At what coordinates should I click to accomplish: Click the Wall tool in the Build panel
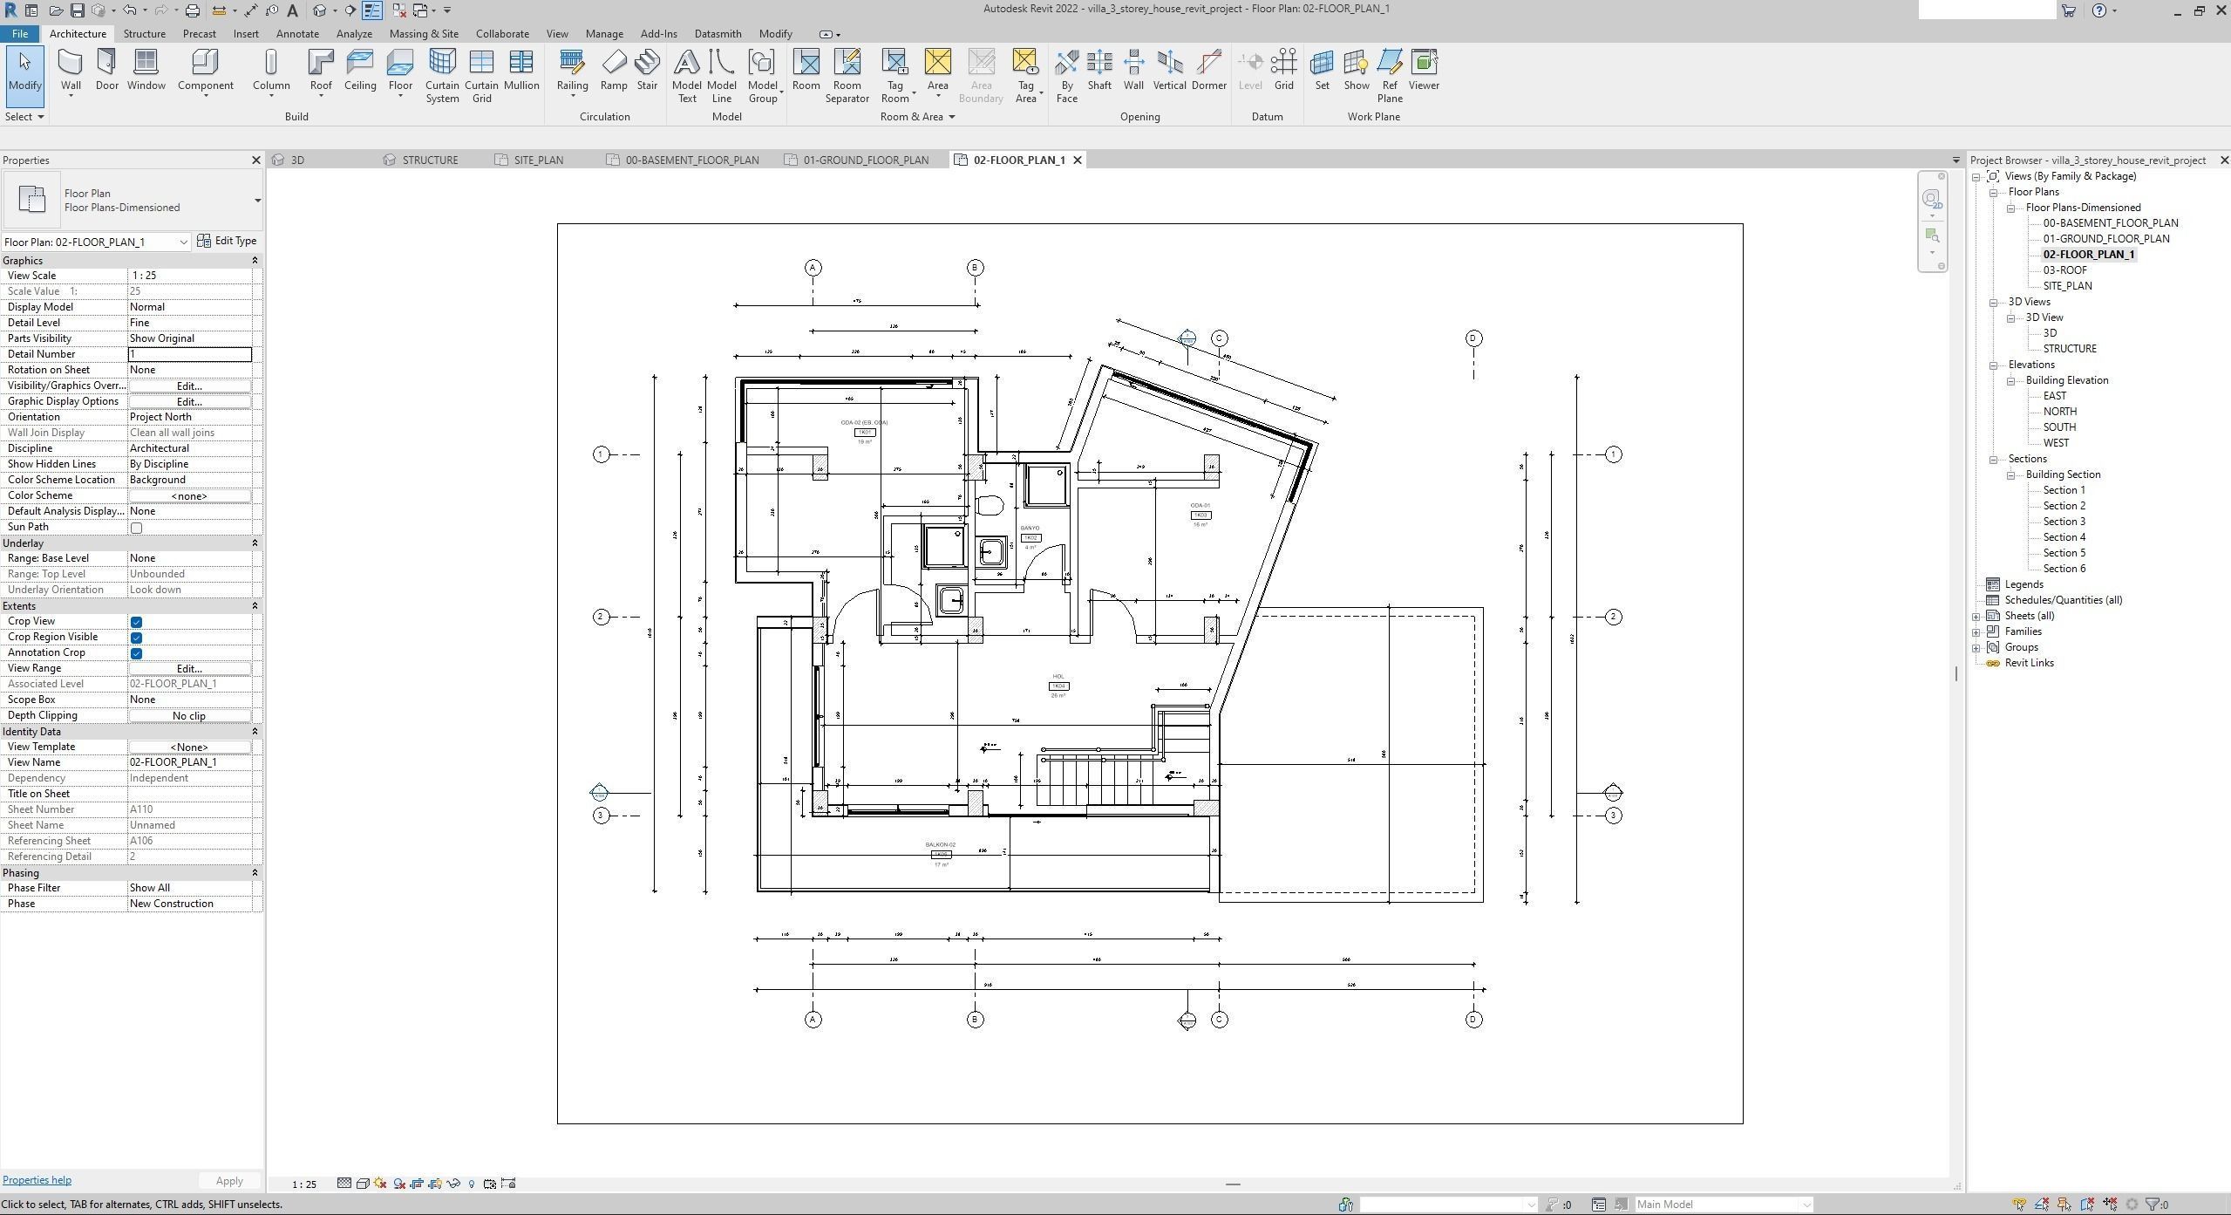(71, 70)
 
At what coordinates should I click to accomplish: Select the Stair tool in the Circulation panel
(647, 70)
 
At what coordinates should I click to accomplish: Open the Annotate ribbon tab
(296, 34)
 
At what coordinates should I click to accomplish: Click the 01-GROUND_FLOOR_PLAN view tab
(865, 160)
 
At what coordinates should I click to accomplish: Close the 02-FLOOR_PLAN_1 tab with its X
(1078, 160)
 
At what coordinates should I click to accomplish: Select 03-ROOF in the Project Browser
(2064, 270)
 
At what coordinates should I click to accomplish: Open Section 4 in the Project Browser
(2064, 537)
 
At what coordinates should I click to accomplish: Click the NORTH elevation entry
(2059, 412)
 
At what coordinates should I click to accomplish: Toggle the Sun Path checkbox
(136, 528)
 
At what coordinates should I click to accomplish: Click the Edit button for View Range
(189, 669)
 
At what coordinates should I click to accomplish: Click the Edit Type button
(228, 242)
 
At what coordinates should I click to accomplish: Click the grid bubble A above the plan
(813, 268)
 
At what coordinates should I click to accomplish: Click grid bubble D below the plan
(1473, 1020)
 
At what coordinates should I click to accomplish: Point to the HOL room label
(1058, 677)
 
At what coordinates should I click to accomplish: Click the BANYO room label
(1030, 529)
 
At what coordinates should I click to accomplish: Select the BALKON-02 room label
(940, 845)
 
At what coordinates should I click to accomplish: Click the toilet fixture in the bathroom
(990, 505)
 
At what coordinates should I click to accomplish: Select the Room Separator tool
(847, 74)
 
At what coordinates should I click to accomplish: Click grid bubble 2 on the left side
(601, 618)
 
